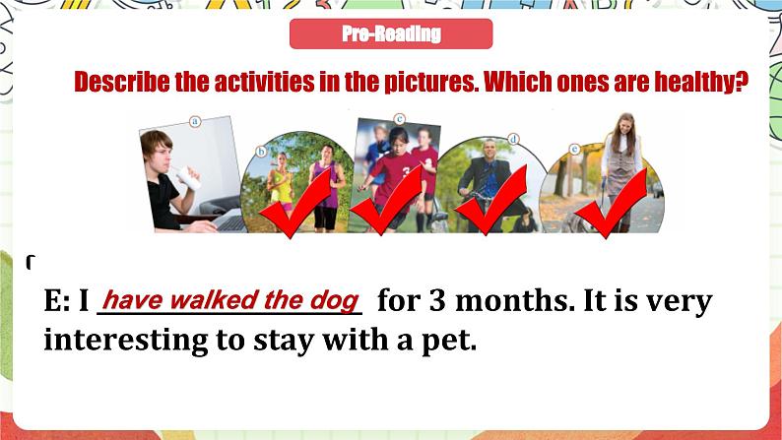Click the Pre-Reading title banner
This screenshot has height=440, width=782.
click(x=391, y=34)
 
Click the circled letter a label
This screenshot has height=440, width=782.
click(x=195, y=123)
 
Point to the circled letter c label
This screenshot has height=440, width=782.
click(x=399, y=119)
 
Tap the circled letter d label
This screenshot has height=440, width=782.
click(x=513, y=140)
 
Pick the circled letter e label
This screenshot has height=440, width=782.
click(x=574, y=151)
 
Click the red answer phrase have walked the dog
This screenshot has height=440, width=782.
click(x=231, y=299)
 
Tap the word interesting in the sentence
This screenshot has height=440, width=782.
click(x=123, y=342)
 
